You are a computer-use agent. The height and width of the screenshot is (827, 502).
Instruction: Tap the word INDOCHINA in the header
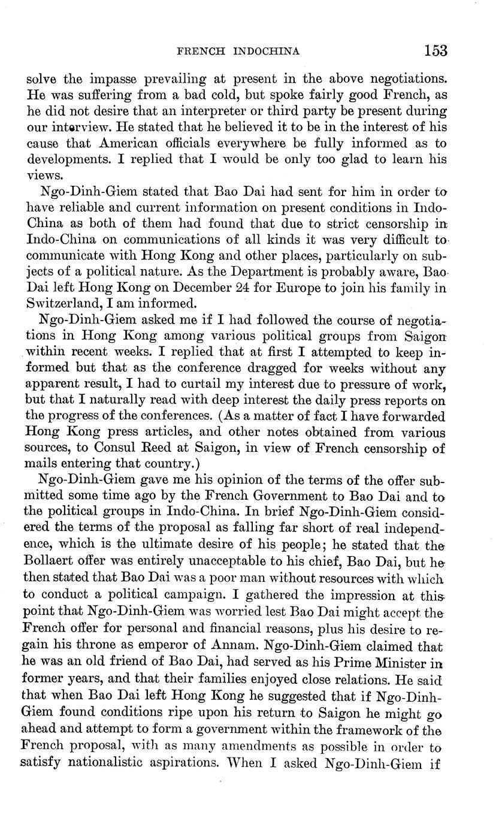[265, 52]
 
